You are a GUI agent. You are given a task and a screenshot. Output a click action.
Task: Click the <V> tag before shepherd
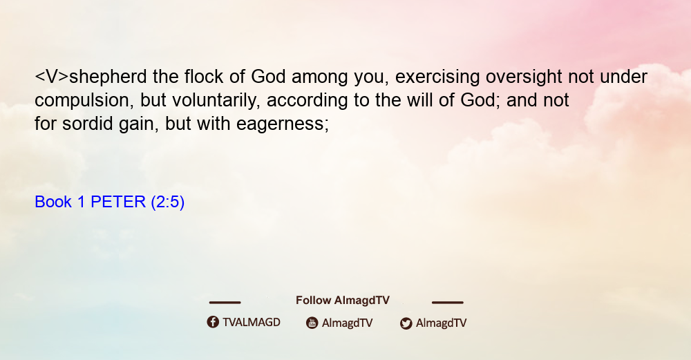(x=52, y=77)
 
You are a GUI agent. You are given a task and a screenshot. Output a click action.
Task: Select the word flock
(x=204, y=77)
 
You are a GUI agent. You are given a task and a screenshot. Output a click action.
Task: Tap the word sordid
(x=88, y=124)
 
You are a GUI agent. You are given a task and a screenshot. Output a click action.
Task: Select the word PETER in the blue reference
(x=118, y=202)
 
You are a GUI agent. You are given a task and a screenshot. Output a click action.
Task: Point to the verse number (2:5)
(x=167, y=202)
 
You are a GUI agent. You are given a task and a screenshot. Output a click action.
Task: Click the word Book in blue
(x=53, y=202)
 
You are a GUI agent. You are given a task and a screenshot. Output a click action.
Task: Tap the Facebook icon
(x=213, y=322)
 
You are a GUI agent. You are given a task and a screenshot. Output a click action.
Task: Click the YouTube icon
(x=312, y=323)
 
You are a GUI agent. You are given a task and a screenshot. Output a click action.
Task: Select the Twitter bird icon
(x=406, y=323)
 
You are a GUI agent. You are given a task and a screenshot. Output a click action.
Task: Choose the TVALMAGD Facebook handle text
(x=252, y=322)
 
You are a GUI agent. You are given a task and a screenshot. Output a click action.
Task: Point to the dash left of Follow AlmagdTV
(x=225, y=302)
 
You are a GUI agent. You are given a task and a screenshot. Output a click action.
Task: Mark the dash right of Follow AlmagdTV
(x=448, y=302)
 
